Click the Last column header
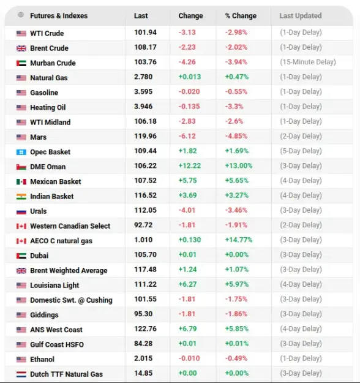(141, 16)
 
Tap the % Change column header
(241, 16)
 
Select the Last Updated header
(301, 16)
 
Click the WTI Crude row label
(47, 33)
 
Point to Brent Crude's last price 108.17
(145, 47)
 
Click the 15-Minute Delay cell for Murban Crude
(308, 62)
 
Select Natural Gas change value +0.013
(190, 77)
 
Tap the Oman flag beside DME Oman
(21, 167)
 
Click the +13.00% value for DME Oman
(238, 165)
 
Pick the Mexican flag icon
(21, 182)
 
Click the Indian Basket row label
(52, 196)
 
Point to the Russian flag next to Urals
(21, 211)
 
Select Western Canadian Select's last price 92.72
(143, 225)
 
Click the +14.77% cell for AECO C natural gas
(238, 240)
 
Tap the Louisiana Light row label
(54, 286)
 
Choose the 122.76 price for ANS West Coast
(145, 329)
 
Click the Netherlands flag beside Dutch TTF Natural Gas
(21, 374)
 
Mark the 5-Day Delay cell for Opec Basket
(301, 151)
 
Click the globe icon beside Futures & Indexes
(21, 15)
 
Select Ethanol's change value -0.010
(189, 358)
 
